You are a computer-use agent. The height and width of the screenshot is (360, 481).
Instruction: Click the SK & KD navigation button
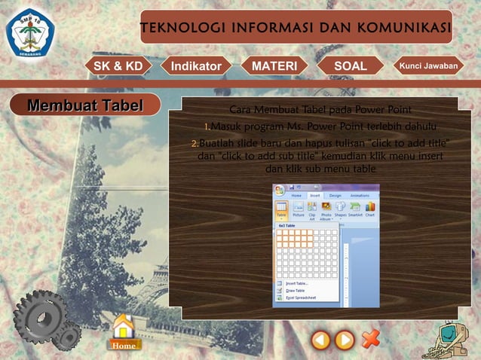pos(118,66)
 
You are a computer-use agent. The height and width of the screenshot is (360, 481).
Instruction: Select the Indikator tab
pos(196,66)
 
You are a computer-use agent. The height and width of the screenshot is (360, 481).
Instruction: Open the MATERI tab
pos(274,66)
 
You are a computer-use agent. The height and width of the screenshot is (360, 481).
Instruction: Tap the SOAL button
pos(350,66)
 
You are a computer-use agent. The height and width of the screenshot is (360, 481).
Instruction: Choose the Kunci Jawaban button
pos(427,66)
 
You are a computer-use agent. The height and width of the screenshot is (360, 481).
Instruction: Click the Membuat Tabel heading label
pos(84,105)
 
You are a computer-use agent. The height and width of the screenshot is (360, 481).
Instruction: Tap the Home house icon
pos(123,332)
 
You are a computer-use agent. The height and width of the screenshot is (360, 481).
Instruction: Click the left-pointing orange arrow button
pos(321,340)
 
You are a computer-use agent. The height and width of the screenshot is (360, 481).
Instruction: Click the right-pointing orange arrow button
pos(345,340)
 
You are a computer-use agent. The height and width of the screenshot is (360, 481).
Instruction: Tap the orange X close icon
pos(370,338)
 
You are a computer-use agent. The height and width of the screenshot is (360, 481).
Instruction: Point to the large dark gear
pos(41,316)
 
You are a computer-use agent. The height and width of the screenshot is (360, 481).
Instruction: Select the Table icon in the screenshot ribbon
pos(281,210)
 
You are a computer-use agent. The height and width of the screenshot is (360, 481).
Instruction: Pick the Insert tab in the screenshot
pos(314,195)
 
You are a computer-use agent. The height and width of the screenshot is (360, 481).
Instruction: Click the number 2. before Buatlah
pos(194,144)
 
